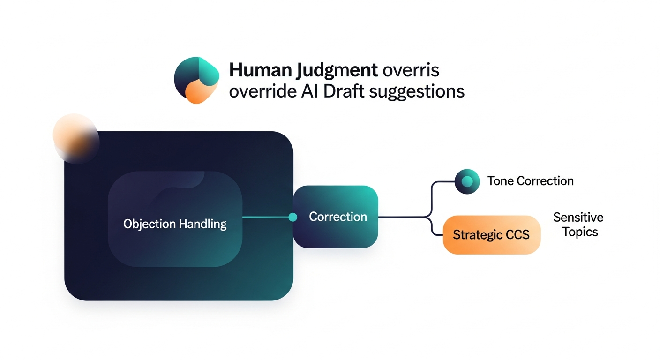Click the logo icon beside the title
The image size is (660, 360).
pos(196,80)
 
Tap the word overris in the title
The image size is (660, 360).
pos(411,71)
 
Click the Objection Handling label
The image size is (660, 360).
pos(175,224)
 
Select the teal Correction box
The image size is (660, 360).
pos(336,217)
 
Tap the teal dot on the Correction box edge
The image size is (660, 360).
pos(293,217)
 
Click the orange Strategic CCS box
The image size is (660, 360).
pos(491,234)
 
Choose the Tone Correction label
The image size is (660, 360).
pos(530,181)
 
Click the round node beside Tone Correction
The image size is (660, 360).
pos(467,181)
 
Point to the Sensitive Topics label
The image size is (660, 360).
pos(578,225)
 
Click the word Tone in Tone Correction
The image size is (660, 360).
pos(500,181)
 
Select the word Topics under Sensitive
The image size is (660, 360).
pos(580,232)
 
